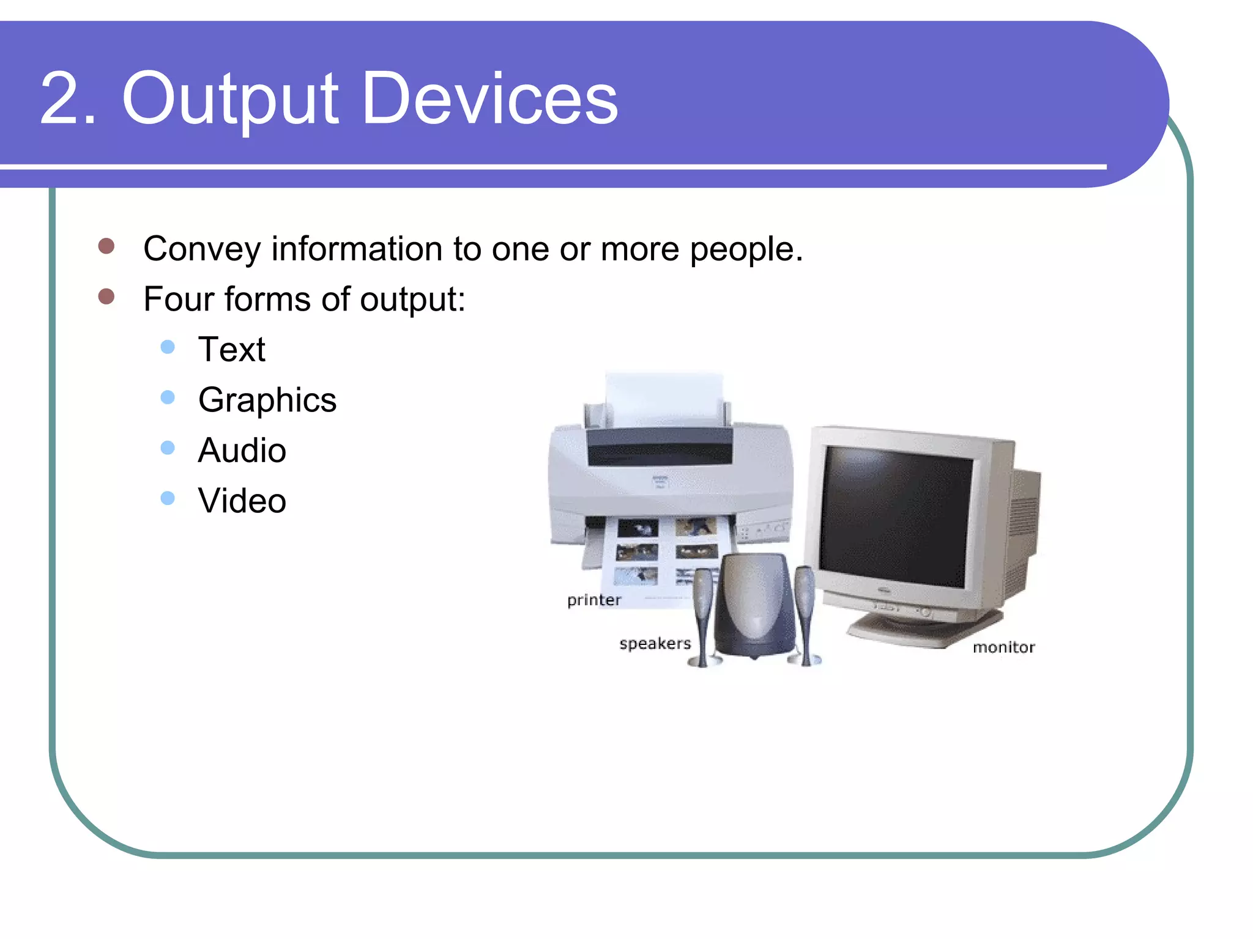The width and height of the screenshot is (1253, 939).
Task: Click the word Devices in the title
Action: pos(489,99)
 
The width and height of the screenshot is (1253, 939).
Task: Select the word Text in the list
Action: pos(232,350)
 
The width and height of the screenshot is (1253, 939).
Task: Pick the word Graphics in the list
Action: pos(267,400)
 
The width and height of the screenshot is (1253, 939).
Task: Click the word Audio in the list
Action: pos(242,451)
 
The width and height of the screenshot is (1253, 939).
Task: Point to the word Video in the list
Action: pos(242,501)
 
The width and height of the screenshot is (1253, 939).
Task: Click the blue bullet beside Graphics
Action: pos(168,398)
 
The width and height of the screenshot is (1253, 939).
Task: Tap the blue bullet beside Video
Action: pos(168,498)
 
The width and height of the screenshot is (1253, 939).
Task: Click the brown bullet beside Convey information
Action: pos(106,246)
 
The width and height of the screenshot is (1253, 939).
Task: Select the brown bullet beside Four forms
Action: pos(106,296)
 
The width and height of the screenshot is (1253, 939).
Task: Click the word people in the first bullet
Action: pos(746,249)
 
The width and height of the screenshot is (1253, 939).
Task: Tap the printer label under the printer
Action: pos(593,600)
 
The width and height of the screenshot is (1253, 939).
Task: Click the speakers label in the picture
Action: pos(655,643)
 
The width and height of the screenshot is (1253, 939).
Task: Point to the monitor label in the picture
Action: pos(1003,647)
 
